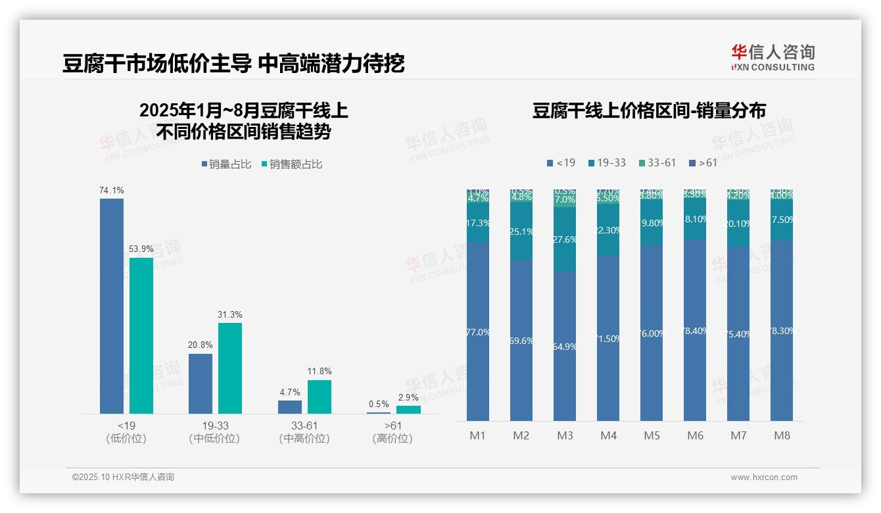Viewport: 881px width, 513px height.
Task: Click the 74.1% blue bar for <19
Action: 112,306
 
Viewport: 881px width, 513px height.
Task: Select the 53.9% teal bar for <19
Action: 141,335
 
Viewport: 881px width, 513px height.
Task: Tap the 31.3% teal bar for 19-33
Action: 230,368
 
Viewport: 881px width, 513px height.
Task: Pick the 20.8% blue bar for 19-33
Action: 201,384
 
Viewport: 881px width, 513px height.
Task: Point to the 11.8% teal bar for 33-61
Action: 320,397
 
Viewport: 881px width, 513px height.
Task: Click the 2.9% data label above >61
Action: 408,398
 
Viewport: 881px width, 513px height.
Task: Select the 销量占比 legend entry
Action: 226,164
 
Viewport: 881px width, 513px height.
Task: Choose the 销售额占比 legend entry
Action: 292,164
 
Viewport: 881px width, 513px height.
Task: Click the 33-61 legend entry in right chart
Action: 657,162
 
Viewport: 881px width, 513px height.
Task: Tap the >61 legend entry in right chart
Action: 703,162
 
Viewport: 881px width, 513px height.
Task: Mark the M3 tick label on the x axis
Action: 565,435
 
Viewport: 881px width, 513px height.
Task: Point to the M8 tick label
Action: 782,435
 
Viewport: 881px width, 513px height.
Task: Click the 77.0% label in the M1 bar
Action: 478,332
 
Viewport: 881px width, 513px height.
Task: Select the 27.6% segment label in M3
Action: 565,239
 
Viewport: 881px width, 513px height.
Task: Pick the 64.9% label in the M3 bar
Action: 565,347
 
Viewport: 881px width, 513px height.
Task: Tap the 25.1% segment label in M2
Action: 521,232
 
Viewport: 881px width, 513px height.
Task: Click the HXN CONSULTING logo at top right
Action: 773,57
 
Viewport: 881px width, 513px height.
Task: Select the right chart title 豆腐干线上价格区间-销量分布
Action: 649,110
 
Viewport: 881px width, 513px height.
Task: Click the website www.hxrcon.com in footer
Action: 764,477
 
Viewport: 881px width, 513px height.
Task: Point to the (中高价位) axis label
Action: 304,438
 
